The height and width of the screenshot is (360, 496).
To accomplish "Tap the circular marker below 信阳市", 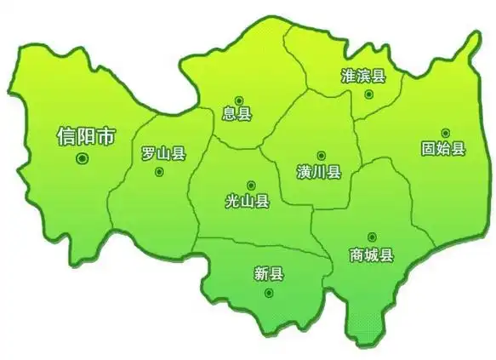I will [x=83, y=158].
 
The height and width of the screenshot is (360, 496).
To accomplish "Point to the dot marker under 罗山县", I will [x=159, y=171].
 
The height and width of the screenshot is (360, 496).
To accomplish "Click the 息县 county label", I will [x=237, y=113].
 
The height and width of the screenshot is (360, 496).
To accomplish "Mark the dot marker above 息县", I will [x=238, y=98].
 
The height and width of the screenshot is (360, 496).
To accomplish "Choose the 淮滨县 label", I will [x=363, y=76].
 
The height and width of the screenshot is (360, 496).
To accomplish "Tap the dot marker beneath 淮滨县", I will [x=368, y=94].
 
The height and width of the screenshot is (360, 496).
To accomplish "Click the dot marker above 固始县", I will [x=445, y=133].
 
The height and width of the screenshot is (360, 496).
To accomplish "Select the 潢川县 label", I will [x=320, y=171].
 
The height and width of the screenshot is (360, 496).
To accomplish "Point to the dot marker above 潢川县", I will [x=321, y=155].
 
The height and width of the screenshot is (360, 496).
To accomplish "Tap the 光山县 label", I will [x=248, y=201].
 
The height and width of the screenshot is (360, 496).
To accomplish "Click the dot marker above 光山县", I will [x=250, y=185].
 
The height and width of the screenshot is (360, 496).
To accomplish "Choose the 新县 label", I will [x=269, y=273].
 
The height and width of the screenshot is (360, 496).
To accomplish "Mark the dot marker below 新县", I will [x=269, y=293].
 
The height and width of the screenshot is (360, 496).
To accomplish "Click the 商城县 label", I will [x=372, y=254].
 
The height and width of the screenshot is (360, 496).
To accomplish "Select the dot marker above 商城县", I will [x=372, y=237].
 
